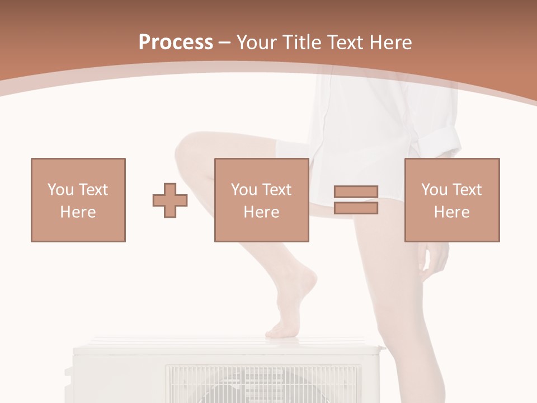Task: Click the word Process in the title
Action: pyautogui.click(x=176, y=43)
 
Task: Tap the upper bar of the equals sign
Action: pyautogui.click(x=356, y=192)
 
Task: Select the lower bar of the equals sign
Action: pyautogui.click(x=356, y=208)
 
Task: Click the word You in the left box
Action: pyautogui.click(x=60, y=190)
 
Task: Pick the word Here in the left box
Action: pyautogui.click(x=78, y=212)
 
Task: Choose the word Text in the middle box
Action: pyautogui.click(x=276, y=190)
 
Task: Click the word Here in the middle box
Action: pyautogui.click(x=261, y=212)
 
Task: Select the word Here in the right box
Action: pyautogui.click(x=451, y=212)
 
